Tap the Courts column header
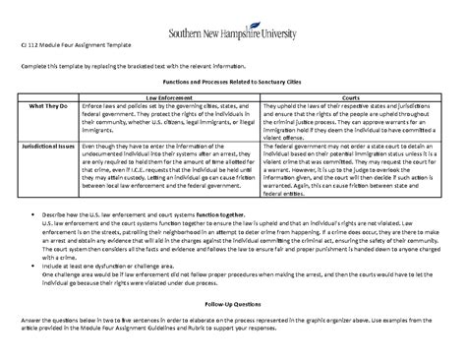coord(349,99)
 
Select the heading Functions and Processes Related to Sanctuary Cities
coord(233,86)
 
